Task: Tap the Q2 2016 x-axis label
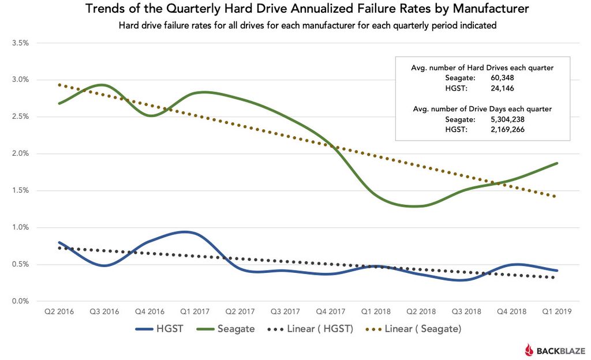coord(59,312)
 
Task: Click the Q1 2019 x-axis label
coord(557,312)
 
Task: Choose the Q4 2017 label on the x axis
coord(331,312)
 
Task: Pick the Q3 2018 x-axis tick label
coord(466,312)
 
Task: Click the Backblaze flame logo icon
coord(529,349)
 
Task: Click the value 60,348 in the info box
coord(502,78)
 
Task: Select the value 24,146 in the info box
coord(502,88)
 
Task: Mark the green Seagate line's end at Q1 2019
coord(557,163)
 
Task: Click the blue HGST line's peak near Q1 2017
coord(184,232)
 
